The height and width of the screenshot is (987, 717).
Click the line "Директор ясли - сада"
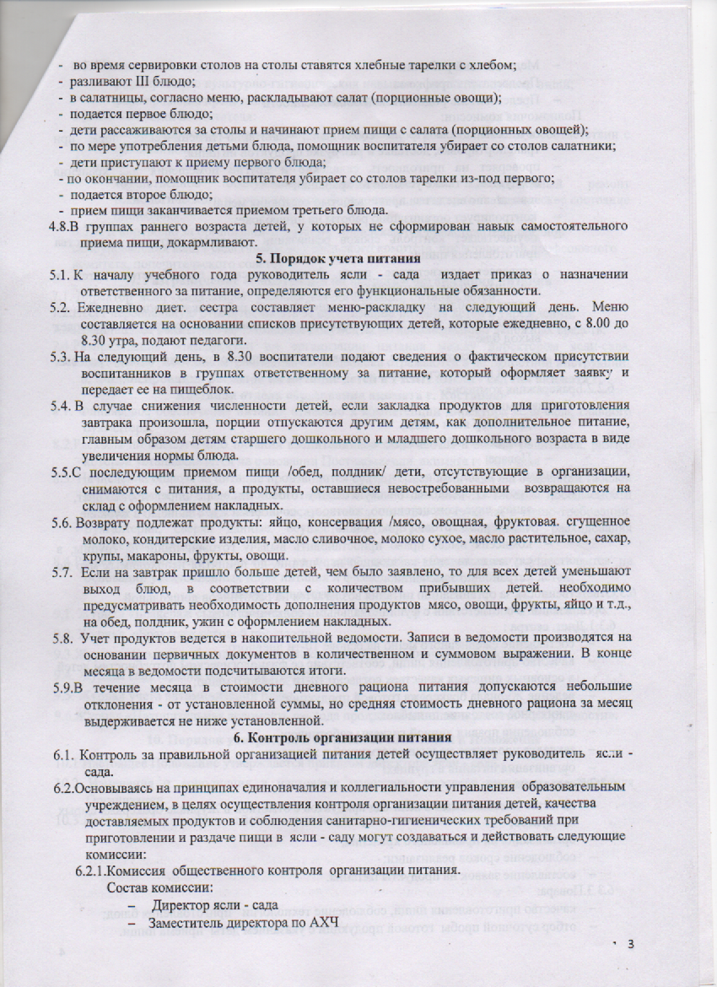214,904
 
